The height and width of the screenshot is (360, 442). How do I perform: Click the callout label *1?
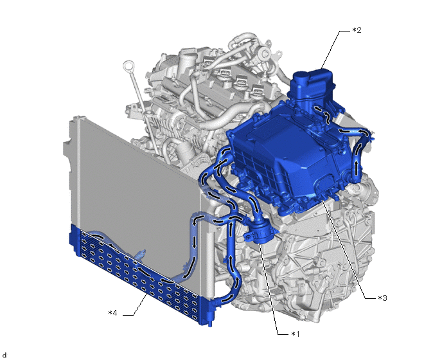295,334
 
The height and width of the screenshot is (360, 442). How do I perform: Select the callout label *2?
357,30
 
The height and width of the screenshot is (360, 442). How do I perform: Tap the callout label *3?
382,298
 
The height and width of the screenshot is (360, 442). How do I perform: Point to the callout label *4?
112,313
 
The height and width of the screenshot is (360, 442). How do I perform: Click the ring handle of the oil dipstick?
128,67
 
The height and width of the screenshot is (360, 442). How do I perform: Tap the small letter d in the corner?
4,355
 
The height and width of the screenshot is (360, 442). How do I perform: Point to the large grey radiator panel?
136,192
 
